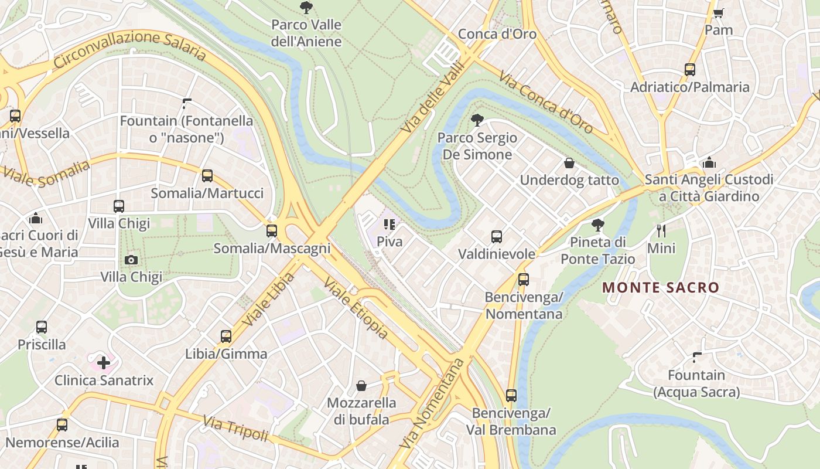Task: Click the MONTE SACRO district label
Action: click(660, 288)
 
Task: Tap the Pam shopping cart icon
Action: click(719, 12)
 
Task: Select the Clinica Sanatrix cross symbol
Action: click(104, 362)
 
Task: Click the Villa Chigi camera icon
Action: click(131, 260)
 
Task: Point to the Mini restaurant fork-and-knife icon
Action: click(661, 230)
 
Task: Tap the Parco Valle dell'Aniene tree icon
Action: click(306, 8)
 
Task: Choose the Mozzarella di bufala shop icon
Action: click(361, 386)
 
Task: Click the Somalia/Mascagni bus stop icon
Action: click(271, 230)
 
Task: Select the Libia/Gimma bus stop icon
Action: click(226, 337)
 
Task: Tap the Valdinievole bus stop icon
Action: click(497, 237)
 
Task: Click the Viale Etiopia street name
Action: click(356, 309)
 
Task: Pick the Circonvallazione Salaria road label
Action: click(129, 46)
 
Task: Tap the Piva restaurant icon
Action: click(389, 224)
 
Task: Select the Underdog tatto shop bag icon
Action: click(569, 163)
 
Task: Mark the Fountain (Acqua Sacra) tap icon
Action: click(697, 357)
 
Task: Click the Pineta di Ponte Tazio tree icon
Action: click(597, 225)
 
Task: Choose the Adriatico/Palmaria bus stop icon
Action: click(690, 70)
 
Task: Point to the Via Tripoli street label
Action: click(235, 429)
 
